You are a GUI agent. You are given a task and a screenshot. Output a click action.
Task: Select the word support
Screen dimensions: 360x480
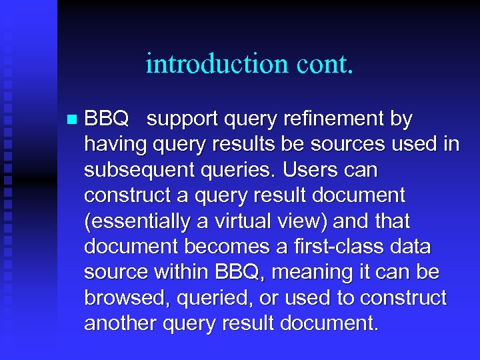[184, 119]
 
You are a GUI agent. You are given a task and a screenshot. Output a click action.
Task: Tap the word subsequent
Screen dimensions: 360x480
[139, 171]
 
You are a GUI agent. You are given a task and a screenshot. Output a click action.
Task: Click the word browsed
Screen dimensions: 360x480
[127, 297]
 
